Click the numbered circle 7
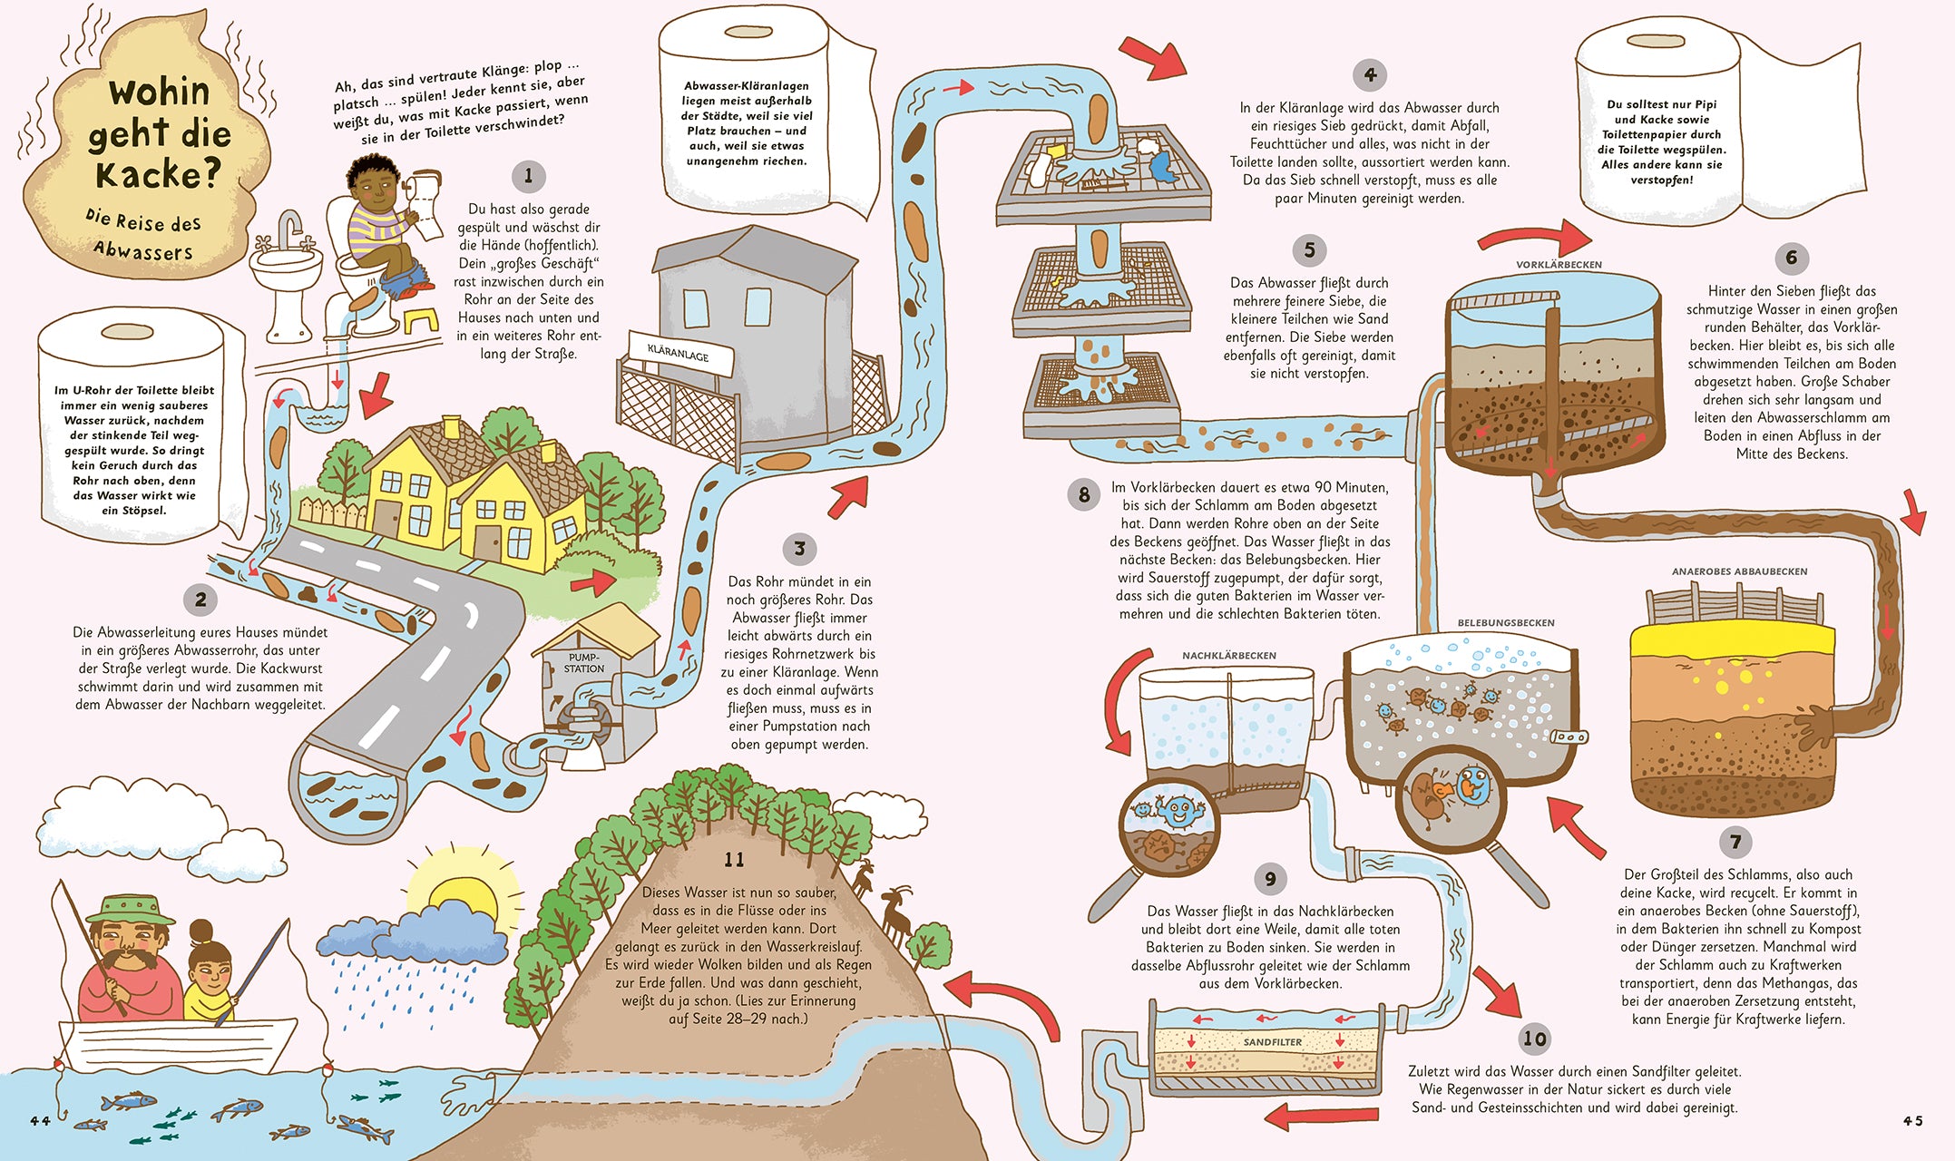tap(1735, 841)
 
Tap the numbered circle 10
tap(1534, 1039)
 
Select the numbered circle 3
tap(799, 549)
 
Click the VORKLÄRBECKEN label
tap(1559, 265)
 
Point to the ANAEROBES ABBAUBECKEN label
tap(1739, 571)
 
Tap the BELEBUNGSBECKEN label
tap(1506, 623)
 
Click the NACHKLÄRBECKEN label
tap(1228, 656)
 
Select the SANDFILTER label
tap(1272, 1042)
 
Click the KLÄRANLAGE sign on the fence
tap(679, 352)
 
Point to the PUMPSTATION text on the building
tap(584, 663)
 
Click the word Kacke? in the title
tap(158, 174)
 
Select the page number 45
tap(1912, 1121)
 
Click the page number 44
tap(41, 1121)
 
